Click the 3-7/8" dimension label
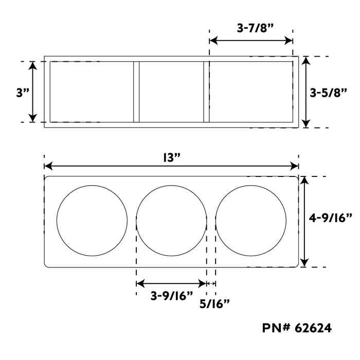(255, 28)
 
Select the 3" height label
(23, 93)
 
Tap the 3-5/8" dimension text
(328, 93)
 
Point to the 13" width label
(171, 157)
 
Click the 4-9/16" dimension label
(330, 218)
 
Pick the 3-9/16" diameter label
(172, 296)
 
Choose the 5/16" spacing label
(214, 304)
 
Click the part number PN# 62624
(297, 328)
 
